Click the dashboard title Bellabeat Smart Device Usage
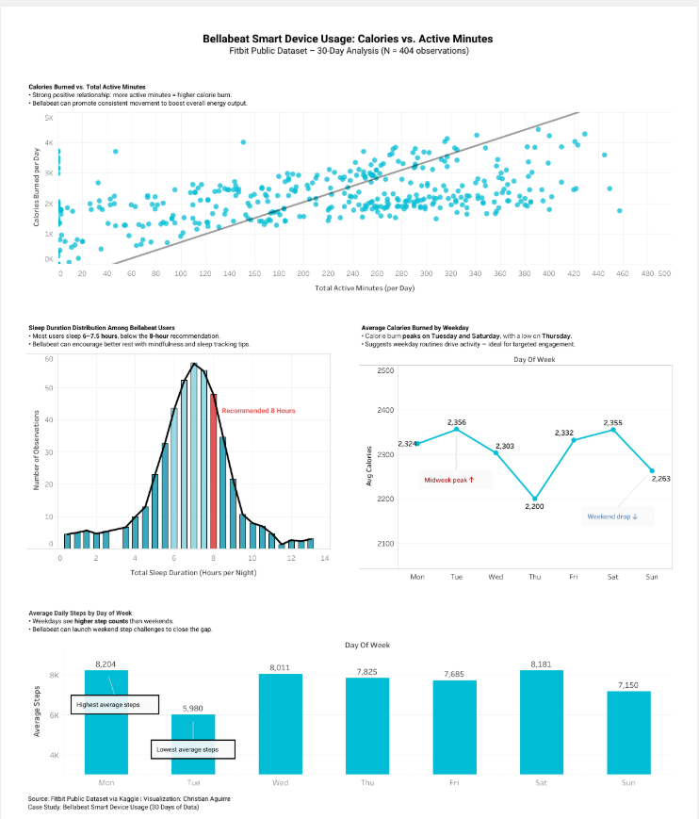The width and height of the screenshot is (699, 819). [x=348, y=39]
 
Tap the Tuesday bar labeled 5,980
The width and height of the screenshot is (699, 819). [x=193, y=745]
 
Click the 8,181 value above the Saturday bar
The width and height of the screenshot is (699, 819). [x=541, y=663]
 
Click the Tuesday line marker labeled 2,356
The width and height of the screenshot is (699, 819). [x=456, y=429]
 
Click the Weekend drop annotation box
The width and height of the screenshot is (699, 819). [x=612, y=516]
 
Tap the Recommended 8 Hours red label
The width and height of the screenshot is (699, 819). [x=259, y=411]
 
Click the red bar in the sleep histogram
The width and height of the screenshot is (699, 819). [x=214, y=471]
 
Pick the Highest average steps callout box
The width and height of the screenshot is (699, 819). [x=114, y=704]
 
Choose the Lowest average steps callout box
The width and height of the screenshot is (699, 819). [x=193, y=749]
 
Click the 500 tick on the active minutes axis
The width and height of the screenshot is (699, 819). [x=664, y=272]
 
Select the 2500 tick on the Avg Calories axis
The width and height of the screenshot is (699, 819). [x=384, y=370]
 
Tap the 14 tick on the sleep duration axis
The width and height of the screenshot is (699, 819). [x=325, y=559]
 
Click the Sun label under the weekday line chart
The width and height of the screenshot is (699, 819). [x=651, y=576]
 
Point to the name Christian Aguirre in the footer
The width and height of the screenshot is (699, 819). [x=205, y=798]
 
